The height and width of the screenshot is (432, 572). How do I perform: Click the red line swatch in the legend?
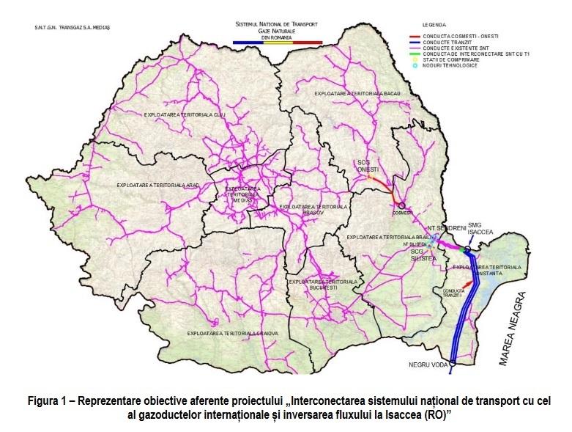(421, 35)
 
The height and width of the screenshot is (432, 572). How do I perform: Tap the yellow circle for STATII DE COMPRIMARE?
(415, 60)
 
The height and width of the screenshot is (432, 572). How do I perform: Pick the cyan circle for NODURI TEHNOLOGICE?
(415, 66)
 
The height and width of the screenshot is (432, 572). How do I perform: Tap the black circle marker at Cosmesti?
(401, 206)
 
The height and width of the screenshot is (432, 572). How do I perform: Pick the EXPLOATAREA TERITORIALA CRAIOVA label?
(234, 333)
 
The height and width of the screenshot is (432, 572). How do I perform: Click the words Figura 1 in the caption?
(51, 400)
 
